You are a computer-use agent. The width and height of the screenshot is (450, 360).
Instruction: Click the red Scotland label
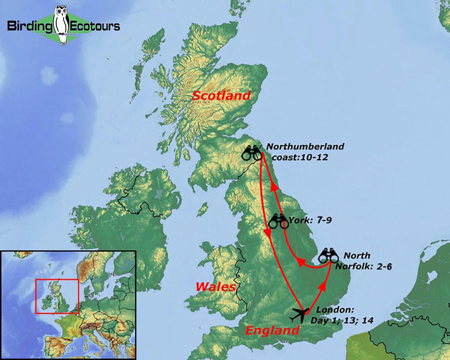point(221,96)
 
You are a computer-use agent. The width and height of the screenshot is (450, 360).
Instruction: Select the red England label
point(272,330)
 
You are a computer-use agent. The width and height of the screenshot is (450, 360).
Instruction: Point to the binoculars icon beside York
point(278,221)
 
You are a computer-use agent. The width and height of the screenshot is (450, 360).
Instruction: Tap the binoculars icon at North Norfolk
point(329,255)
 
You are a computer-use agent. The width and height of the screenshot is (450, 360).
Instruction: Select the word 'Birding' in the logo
point(30,26)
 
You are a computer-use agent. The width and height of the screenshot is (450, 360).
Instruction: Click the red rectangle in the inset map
point(57,296)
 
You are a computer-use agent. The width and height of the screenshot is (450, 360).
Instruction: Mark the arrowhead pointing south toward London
point(268,233)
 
